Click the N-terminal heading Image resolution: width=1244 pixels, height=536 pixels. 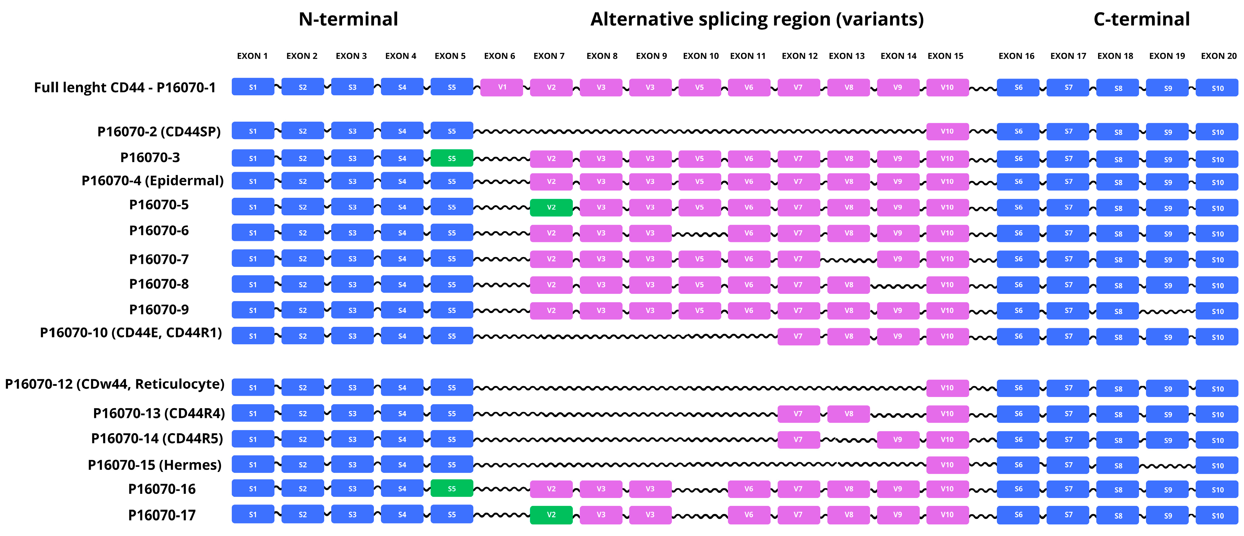[x=348, y=19]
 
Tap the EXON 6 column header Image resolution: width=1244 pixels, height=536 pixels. [x=499, y=56]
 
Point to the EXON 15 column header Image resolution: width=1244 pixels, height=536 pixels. [x=945, y=56]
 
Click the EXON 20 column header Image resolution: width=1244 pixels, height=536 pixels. [x=1218, y=56]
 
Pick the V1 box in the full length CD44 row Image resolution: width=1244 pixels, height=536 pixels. [x=502, y=87]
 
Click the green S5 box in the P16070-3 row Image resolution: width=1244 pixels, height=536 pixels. [x=451, y=158]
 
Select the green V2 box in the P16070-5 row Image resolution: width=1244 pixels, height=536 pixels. [x=551, y=207]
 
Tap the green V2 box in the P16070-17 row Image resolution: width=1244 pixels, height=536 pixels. [x=551, y=515]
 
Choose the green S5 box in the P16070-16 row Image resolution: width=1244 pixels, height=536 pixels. [x=451, y=489]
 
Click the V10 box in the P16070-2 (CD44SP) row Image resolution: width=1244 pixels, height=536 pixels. [x=947, y=131]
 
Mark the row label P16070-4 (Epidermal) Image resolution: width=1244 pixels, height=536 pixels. [x=153, y=181]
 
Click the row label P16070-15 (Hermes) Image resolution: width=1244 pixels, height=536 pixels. [x=154, y=465]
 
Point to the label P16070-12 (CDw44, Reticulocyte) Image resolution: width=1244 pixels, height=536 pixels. [x=114, y=384]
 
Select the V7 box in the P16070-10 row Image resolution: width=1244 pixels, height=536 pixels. [x=798, y=336]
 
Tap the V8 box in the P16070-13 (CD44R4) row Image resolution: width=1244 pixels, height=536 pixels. [x=849, y=414]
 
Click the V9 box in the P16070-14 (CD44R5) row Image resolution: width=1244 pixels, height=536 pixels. [x=898, y=440]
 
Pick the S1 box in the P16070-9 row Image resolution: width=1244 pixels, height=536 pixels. [x=253, y=310]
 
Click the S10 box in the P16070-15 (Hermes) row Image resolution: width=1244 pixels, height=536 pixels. [x=1217, y=466]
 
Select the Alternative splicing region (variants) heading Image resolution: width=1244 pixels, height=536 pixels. [x=757, y=19]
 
